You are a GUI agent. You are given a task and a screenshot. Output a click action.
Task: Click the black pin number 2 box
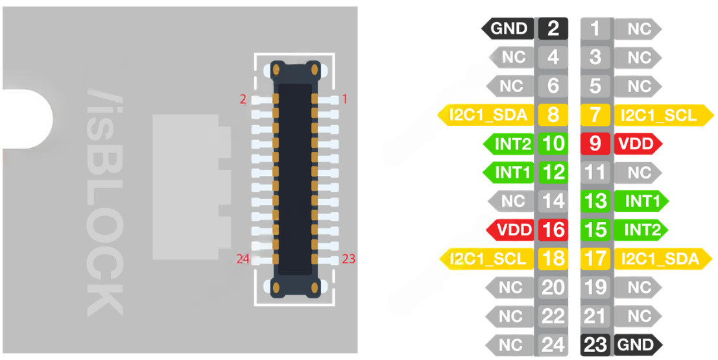(x=553, y=29)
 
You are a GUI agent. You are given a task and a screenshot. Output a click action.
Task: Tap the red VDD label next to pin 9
(x=637, y=143)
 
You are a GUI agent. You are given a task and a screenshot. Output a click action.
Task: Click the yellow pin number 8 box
(x=553, y=115)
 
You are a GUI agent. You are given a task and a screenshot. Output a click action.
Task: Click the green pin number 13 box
(x=595, y=201)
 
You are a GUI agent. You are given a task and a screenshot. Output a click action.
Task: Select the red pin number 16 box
(x=553, y=230)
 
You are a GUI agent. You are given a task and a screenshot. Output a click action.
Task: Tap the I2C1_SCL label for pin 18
(x=487, y=258)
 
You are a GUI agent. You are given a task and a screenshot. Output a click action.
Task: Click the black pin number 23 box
(x=595, y=344)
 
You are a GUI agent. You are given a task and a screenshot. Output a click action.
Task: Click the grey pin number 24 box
(x=553, y=344)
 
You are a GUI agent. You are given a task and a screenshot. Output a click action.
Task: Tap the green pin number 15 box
(x=595, y=230)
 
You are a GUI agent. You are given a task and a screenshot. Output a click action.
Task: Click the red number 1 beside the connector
(x=344, y=99)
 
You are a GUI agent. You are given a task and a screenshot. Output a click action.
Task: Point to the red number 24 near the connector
(x=243, y=259)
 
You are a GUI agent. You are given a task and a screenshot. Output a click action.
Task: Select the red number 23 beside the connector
(x=348, y=259)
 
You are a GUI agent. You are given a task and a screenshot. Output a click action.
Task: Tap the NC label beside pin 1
(x=637, y=29)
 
